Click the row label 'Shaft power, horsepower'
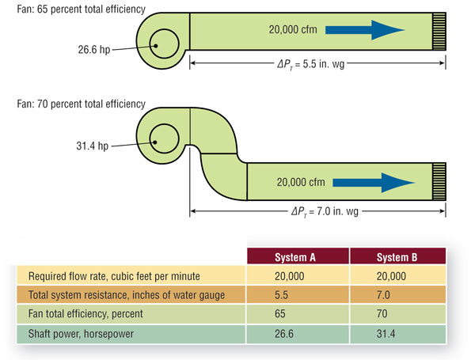pos(82,334)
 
